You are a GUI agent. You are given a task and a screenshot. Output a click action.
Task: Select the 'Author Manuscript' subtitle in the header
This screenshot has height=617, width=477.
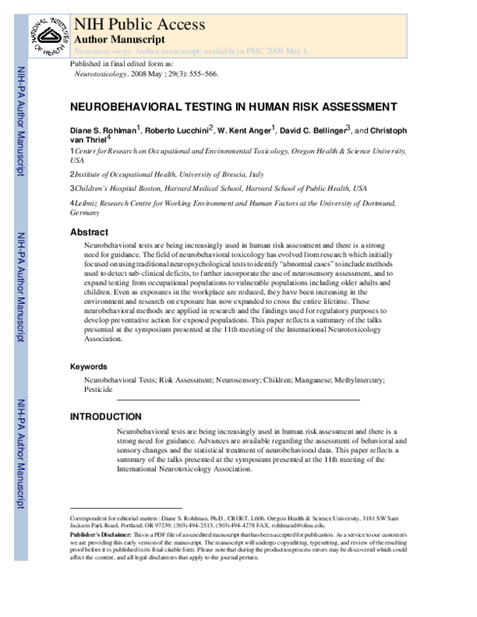point(119,38)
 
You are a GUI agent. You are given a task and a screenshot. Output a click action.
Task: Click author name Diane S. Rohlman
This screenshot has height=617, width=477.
point(103,130)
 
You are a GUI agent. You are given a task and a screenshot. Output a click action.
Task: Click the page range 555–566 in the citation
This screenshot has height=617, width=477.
point(195,72)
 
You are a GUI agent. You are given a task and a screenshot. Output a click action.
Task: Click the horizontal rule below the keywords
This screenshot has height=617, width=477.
point(238,399)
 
